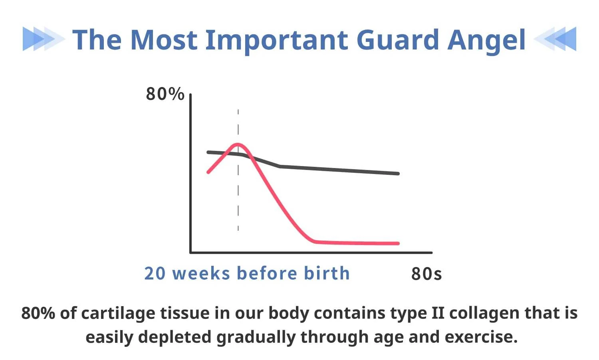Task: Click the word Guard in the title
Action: coord(397,40)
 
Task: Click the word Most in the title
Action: coord(164,40)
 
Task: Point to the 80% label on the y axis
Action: coord(165,94)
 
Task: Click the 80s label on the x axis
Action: coord(426,274)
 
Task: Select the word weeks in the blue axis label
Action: coord(201,273)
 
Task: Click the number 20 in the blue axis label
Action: coord(155,273)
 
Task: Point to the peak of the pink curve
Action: coord(238,144)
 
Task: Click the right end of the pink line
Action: coord(398,243)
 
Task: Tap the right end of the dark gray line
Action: coord(398,174)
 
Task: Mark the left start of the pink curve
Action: coord(208,172)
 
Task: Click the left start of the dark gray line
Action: coord(208,152)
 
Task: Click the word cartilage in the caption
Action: coord(118,313)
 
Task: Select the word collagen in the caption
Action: coord(484,313)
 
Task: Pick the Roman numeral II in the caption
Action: coord(438,313)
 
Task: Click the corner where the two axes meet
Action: coord(190,252)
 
